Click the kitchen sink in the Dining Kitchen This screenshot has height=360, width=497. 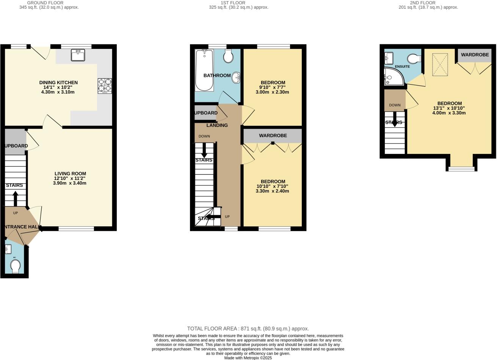pyautogui.click(x=78, y=55)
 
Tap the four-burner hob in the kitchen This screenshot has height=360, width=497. pyautogui.click(x=105, y=86)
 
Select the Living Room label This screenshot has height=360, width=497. pyautogui.click(x=70, y=174)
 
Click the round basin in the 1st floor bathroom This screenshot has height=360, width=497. pyautogui.click(x=237, y=78)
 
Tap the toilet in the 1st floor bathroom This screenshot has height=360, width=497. pyautogui.click(x=228, y=56)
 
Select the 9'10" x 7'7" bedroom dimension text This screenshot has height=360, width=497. pyautogui.click(x=273, y=88)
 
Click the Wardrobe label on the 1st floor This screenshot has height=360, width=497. pyautogui.click(x=273, y=136)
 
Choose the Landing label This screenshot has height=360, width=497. pyautogui.click(x=217, y=125)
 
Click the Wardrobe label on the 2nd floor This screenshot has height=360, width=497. pyautogui.click(x=475, y=55)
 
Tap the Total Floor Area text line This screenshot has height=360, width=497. pyautogui.click(x=248, y=329)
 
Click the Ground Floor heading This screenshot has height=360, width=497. pyautogui.click(x=45, y=3)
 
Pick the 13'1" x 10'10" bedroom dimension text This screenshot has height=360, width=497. pyautogui.click(x=449, y=108)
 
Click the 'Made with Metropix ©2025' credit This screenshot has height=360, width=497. pyautogui.click(x=248, y=358)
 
